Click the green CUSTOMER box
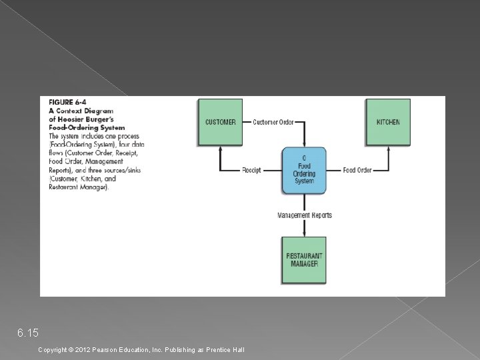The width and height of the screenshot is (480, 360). [220, 122]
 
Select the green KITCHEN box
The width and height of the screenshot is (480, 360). [388, 122]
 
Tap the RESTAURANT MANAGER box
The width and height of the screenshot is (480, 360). [304, 259]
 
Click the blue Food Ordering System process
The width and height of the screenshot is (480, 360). [304, 171]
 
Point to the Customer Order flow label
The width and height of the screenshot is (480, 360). [273, 122]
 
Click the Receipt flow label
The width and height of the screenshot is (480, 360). [251, 170]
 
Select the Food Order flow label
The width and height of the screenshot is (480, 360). [357, 170]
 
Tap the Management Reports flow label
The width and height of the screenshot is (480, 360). [305, 215]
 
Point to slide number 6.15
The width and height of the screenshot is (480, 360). [28, 332]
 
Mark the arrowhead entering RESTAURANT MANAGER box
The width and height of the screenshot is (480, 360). [305, 234]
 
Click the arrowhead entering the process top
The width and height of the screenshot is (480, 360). [305, 144]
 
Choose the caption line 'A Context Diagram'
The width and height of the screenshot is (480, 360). [81, 111]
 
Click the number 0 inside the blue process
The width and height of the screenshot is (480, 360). [304, 158]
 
